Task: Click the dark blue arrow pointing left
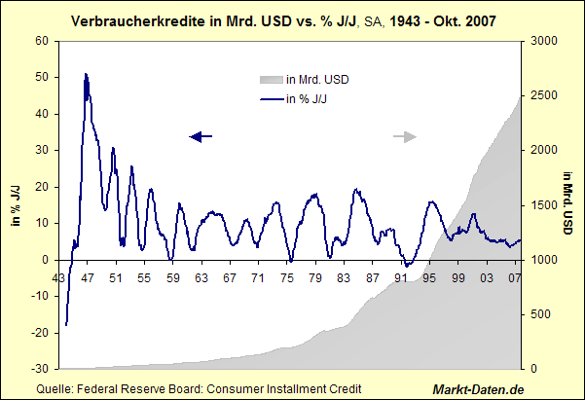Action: coord(200,137)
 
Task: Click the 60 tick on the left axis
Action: coord(41,41)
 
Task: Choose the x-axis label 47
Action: coord(88,278)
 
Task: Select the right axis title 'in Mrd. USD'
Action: coord(567,204)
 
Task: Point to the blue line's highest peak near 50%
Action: coord(86,74)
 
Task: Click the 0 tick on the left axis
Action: coord(45,260)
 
